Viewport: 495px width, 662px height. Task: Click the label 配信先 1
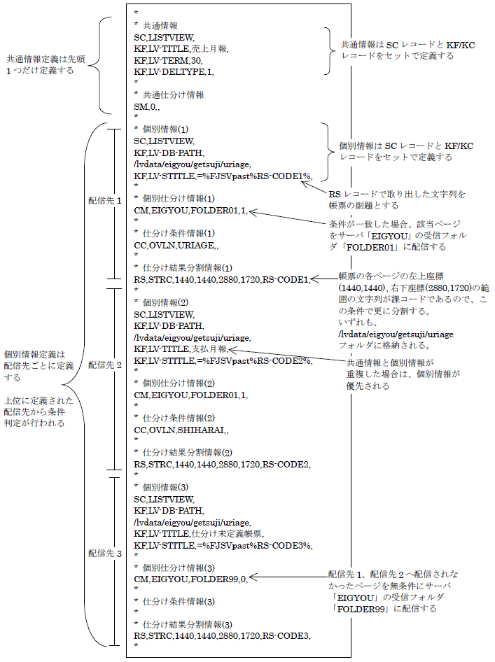pyautogui.click(x=105, y=199)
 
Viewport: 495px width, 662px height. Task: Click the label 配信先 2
pyautogui.click(x=105, y=365)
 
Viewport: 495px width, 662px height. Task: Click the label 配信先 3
pyautogui.click(x=105, y=553)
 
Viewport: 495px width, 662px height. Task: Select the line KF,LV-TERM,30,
pyautogui.click(x=168, y=60)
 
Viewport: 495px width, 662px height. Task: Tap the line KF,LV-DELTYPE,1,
pyautogui.click(x=174, y=71)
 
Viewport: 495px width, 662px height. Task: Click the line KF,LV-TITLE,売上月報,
pyautogui.click(x=181, y=48)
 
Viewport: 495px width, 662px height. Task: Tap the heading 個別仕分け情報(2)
pyautogui.click(x=179, y=383)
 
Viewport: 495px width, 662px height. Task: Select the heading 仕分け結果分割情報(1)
pyautogui.click(x=186, y=267)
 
